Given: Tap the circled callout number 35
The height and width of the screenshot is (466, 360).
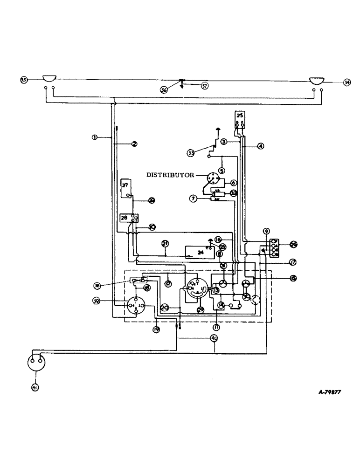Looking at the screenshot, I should coord(23,80).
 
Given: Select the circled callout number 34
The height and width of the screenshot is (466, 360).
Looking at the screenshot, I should coord(346,82).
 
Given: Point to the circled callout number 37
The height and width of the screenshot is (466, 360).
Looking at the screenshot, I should coord(204,85).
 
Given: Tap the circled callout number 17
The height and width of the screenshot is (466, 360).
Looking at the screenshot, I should coord(293,262).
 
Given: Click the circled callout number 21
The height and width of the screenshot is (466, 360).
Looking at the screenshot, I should coord(165,243).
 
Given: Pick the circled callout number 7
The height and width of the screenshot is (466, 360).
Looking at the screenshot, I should coord(193,199).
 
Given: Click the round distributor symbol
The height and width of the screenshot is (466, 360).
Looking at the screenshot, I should coord(213,178).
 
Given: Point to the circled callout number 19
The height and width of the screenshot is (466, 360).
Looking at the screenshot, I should coord(156,329).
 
